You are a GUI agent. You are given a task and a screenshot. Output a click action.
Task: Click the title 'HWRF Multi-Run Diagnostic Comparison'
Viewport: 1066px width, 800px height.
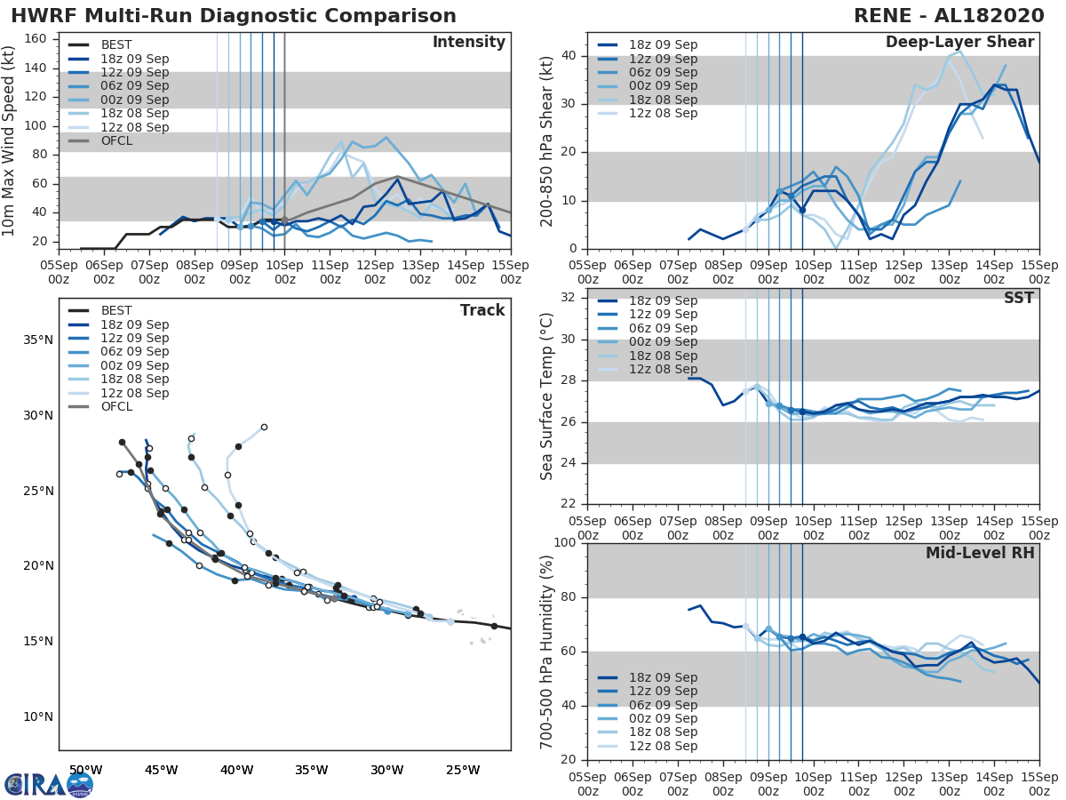pyautogui.click(x=234, y=16)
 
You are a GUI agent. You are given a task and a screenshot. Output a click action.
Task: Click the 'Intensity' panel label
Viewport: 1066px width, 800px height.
pyautogui.click(x=468, y=43)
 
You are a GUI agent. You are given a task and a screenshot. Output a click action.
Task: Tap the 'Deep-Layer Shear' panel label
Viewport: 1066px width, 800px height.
pyautogui.click(x=959, y=43)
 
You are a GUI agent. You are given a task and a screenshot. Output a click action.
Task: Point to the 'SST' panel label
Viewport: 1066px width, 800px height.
pyautogui.click(x=1019, y=298)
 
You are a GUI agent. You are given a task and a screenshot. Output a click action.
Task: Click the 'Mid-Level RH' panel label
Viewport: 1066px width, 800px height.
pyautogui.click(x=980, y=553)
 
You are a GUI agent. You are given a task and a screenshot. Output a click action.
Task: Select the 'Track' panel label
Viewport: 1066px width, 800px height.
pyautogui.click(x=481, y=310)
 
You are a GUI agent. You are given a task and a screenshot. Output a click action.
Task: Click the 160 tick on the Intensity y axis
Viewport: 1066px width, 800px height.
pyautogui.click(x=36, y=39)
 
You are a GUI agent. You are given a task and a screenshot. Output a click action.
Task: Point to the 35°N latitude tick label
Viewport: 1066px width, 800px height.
pyautogui.click(x=37, y=340)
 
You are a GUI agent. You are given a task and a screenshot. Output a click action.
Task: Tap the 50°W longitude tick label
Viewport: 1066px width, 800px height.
pyautogui.click(x=85, y=770)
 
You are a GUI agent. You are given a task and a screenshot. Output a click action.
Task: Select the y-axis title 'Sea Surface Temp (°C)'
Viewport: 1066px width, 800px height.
pyautogui.click(x=548, y=396)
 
